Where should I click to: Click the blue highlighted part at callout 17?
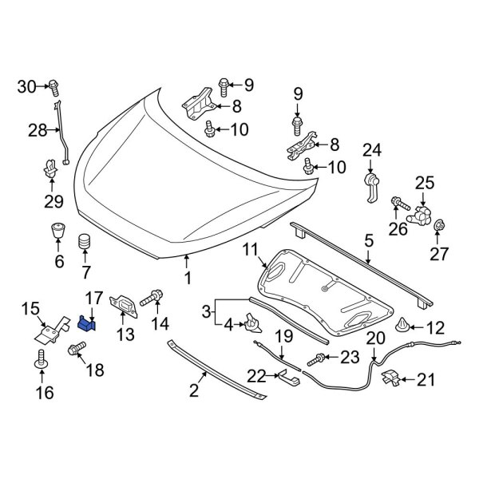87,323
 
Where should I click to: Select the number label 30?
27,86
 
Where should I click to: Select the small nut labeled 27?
438,229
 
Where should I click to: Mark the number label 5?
368,239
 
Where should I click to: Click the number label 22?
255,374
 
